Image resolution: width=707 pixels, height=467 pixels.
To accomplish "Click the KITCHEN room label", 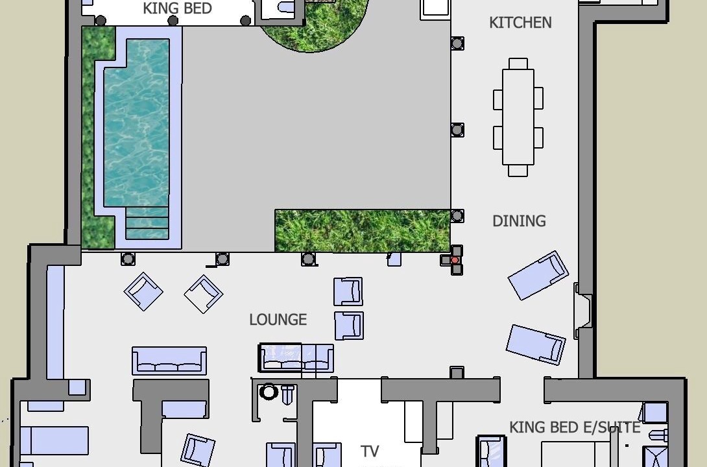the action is (520, 23).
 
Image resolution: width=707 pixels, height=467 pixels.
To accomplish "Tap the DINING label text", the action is (519, 221).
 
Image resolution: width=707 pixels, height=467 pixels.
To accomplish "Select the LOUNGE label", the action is (278, 320).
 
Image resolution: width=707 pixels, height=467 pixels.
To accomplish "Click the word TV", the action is (370, 451).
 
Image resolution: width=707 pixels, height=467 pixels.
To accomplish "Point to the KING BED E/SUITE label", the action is (575, 427).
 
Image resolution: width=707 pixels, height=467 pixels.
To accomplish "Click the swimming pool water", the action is (137, 122).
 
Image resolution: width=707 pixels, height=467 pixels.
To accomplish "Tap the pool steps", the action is (147, 223).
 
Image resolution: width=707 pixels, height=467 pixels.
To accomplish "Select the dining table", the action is (518, 117).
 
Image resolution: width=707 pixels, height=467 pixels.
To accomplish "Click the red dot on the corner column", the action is (455, 260).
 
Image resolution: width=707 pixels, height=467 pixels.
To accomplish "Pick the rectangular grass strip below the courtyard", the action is (363, 230).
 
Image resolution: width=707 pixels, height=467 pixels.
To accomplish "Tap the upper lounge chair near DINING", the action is (538, 276).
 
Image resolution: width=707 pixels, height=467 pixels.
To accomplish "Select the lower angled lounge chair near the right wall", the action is (536, 344).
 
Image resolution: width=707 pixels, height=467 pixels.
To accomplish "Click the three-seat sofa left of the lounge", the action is (169, 361).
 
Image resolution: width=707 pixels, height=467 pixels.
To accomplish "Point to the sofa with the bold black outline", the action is (296, 358).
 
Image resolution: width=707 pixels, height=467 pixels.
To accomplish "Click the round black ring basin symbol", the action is (269, 392).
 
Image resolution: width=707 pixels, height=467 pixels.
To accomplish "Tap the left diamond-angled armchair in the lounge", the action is (143, 292).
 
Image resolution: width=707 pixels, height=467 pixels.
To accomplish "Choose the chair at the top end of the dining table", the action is (518, 64).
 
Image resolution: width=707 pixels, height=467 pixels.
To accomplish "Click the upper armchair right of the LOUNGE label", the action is (348, 292).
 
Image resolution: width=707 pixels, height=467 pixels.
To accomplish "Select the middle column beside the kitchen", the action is (457, 130).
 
